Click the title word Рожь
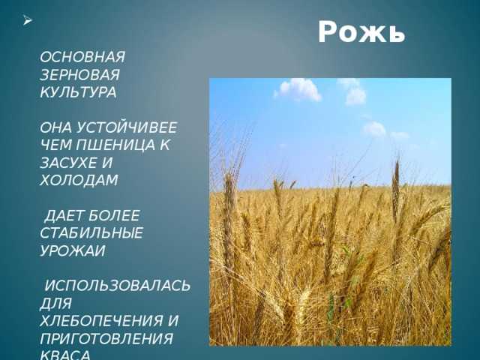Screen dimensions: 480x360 361,32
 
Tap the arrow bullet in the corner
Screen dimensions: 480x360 27,20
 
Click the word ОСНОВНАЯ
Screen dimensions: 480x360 82,57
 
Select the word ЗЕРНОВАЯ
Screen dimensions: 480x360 79,75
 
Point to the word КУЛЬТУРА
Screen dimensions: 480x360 78,92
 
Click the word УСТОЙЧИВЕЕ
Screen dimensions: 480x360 126,127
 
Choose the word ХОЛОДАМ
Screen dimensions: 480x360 79,180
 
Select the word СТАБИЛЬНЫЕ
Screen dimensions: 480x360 91,233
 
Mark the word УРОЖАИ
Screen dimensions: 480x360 73,251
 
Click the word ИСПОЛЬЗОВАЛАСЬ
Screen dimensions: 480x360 118,286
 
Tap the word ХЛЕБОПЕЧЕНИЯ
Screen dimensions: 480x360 101,321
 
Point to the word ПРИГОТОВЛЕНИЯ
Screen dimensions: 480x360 106,339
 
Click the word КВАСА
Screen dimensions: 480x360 65,355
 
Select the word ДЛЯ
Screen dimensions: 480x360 55,304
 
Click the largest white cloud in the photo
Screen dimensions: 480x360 298,90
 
